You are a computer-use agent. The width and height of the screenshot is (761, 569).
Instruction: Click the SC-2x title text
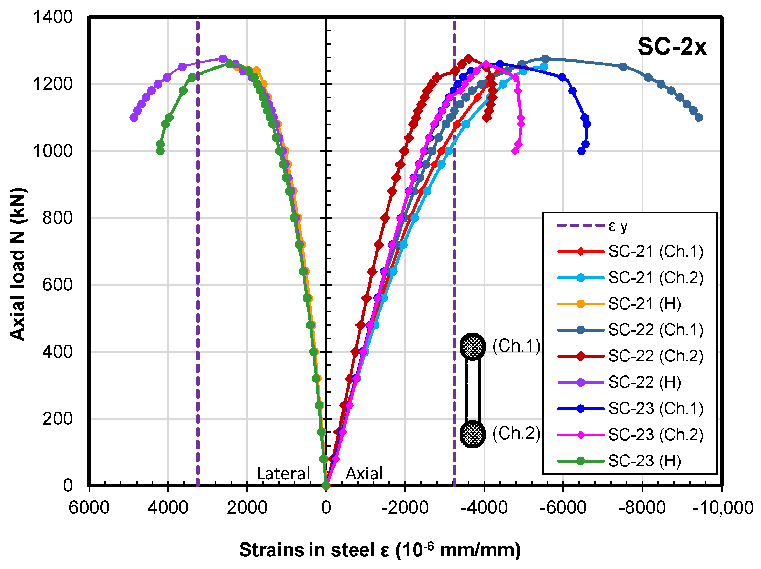(x=672, y=47)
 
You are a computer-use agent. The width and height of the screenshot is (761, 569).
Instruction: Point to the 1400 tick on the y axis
(x=52, y=17)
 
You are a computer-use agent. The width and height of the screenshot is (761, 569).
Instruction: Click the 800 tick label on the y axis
(x=57, y=218)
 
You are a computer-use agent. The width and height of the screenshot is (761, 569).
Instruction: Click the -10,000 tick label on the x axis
(x=723, y=508)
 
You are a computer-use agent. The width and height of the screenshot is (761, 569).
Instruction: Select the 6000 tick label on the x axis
(x=89, y=508)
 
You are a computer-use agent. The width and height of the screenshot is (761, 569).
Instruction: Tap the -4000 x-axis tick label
(x=484, y=508)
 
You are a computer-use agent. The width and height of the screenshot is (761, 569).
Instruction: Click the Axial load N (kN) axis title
(x=17, y=264)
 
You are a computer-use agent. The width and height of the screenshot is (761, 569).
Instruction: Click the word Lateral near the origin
(x=283, y=473)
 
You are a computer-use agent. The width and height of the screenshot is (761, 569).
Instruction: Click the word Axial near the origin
(x=364, y=473)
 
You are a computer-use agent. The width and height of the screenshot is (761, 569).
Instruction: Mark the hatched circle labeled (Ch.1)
(x=472, y=346)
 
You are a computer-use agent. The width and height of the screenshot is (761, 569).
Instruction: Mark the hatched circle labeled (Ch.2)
(x=472, y=434)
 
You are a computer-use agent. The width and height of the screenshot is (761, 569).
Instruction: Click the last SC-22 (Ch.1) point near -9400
(x=699, y=118)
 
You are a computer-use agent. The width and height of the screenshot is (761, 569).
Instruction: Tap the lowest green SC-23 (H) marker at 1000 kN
(x=160, y=151)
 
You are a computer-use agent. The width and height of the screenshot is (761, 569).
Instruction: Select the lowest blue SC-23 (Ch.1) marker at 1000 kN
(x=581, y=151)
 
